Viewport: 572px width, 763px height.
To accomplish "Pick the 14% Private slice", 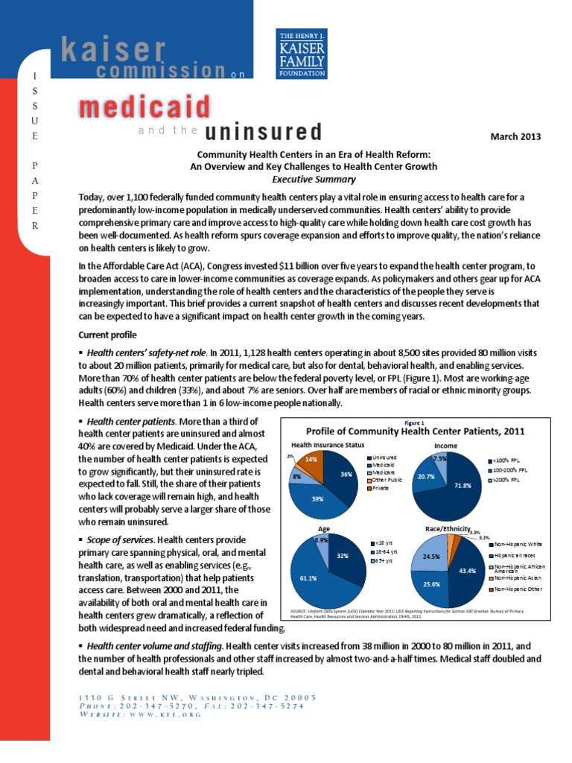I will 311,462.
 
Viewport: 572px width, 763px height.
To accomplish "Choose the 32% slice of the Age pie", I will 344,555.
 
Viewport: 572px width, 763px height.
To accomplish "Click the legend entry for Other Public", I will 384,480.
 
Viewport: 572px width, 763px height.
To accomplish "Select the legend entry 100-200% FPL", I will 509,471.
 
